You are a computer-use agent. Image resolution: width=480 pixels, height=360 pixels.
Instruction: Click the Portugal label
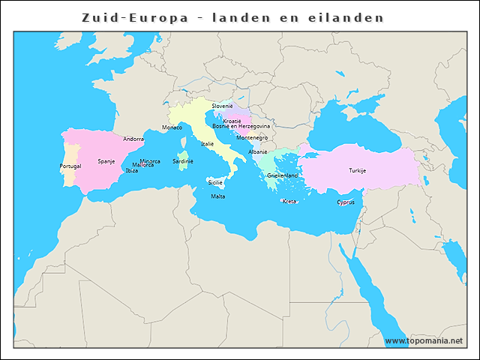point(70,166)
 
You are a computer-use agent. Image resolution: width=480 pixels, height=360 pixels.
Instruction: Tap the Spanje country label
point(106,161)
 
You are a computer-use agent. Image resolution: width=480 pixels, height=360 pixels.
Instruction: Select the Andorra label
point(133,139)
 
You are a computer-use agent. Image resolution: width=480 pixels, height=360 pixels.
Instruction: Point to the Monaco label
point(172,127)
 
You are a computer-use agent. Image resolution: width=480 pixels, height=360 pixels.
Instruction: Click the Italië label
point(207,143)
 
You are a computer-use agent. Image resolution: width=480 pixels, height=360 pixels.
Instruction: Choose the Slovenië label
point(222,106)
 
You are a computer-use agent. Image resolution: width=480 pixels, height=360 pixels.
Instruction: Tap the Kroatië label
point(232,121)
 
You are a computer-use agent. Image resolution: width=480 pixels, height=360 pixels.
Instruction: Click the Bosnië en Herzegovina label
point(241,126)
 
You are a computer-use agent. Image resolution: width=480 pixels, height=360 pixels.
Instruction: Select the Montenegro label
point(252,137)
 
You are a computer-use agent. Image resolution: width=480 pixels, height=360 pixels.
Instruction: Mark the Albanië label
point(258,151)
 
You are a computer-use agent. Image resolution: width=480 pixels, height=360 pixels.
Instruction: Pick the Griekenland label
point(282,175)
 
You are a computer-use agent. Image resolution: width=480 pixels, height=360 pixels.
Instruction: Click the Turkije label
point(357,170)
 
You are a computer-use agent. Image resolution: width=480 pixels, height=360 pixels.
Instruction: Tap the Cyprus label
point(346,202)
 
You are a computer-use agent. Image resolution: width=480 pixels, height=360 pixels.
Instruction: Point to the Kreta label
point(289,201)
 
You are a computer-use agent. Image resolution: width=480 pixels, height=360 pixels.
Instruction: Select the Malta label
point(217,196)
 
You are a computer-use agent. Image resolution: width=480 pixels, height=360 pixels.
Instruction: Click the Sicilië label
point(215,181)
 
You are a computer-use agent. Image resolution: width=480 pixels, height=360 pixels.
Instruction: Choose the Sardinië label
point(183,160)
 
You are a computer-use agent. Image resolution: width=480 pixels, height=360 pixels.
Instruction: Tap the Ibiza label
point(131,170)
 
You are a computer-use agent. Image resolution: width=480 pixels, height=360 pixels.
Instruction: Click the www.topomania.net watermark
point(424,340)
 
